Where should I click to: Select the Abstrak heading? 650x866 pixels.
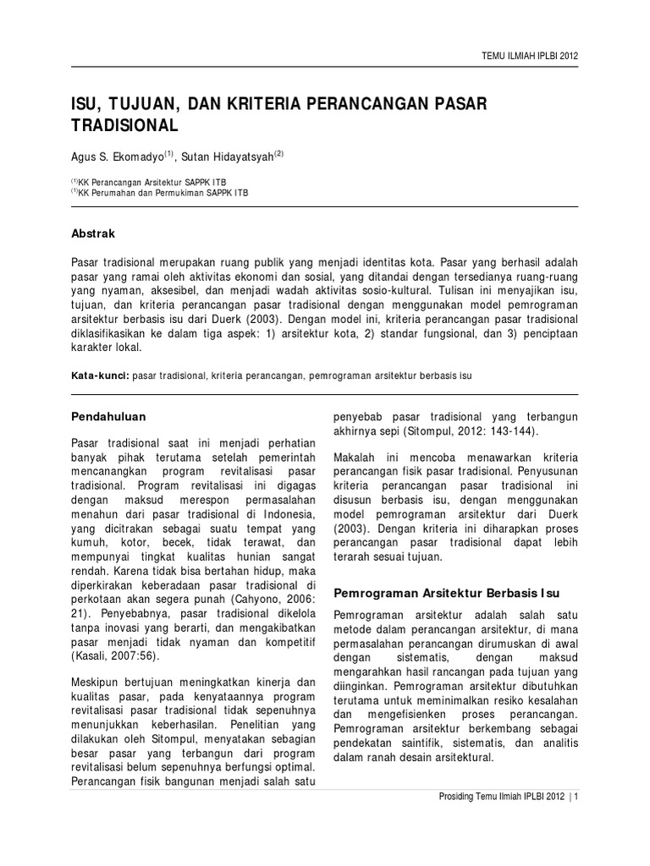pos(92,233)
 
